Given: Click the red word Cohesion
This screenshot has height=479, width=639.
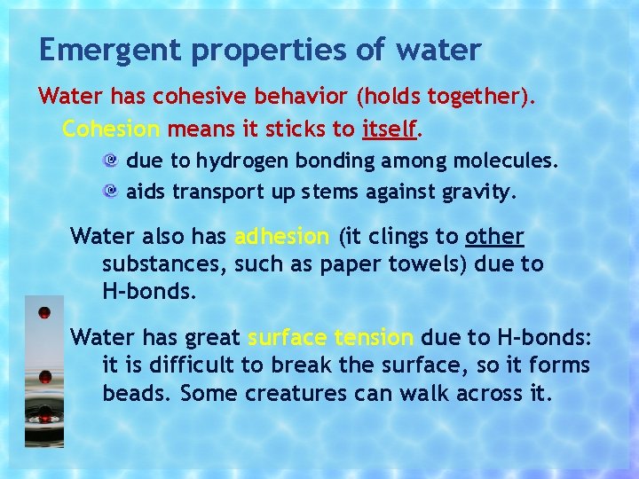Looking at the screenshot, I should click(x=111, y=130).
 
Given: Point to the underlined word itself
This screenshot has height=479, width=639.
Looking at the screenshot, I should click(x=389, y=130).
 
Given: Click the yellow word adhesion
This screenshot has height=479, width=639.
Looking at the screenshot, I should click(x=281, y=237).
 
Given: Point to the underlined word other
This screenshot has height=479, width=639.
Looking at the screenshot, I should click(x=494, y=237).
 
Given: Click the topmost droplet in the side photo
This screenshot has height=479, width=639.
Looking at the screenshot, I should click(x=44, y=312).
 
